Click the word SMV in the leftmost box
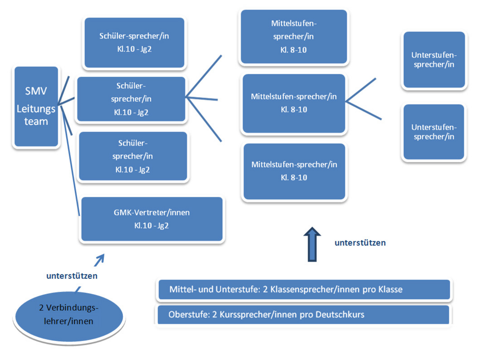point(36,91)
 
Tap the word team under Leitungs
point(36,122)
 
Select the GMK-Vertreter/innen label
point(151,212)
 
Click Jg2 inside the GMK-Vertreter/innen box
point(163,226)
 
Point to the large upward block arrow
point(312,244)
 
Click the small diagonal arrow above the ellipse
point(99,260)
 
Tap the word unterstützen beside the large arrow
point(360,243)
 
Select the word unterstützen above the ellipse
point(72,276)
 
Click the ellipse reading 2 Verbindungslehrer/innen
point(69,317)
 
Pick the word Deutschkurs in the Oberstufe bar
point(340,314)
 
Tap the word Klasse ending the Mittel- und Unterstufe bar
point(391,290)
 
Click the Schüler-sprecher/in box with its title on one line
point(134,42)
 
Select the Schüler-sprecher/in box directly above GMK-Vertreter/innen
point(133,156)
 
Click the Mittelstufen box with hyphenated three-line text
point(294,37)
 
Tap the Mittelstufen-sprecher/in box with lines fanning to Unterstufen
point(294,103)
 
